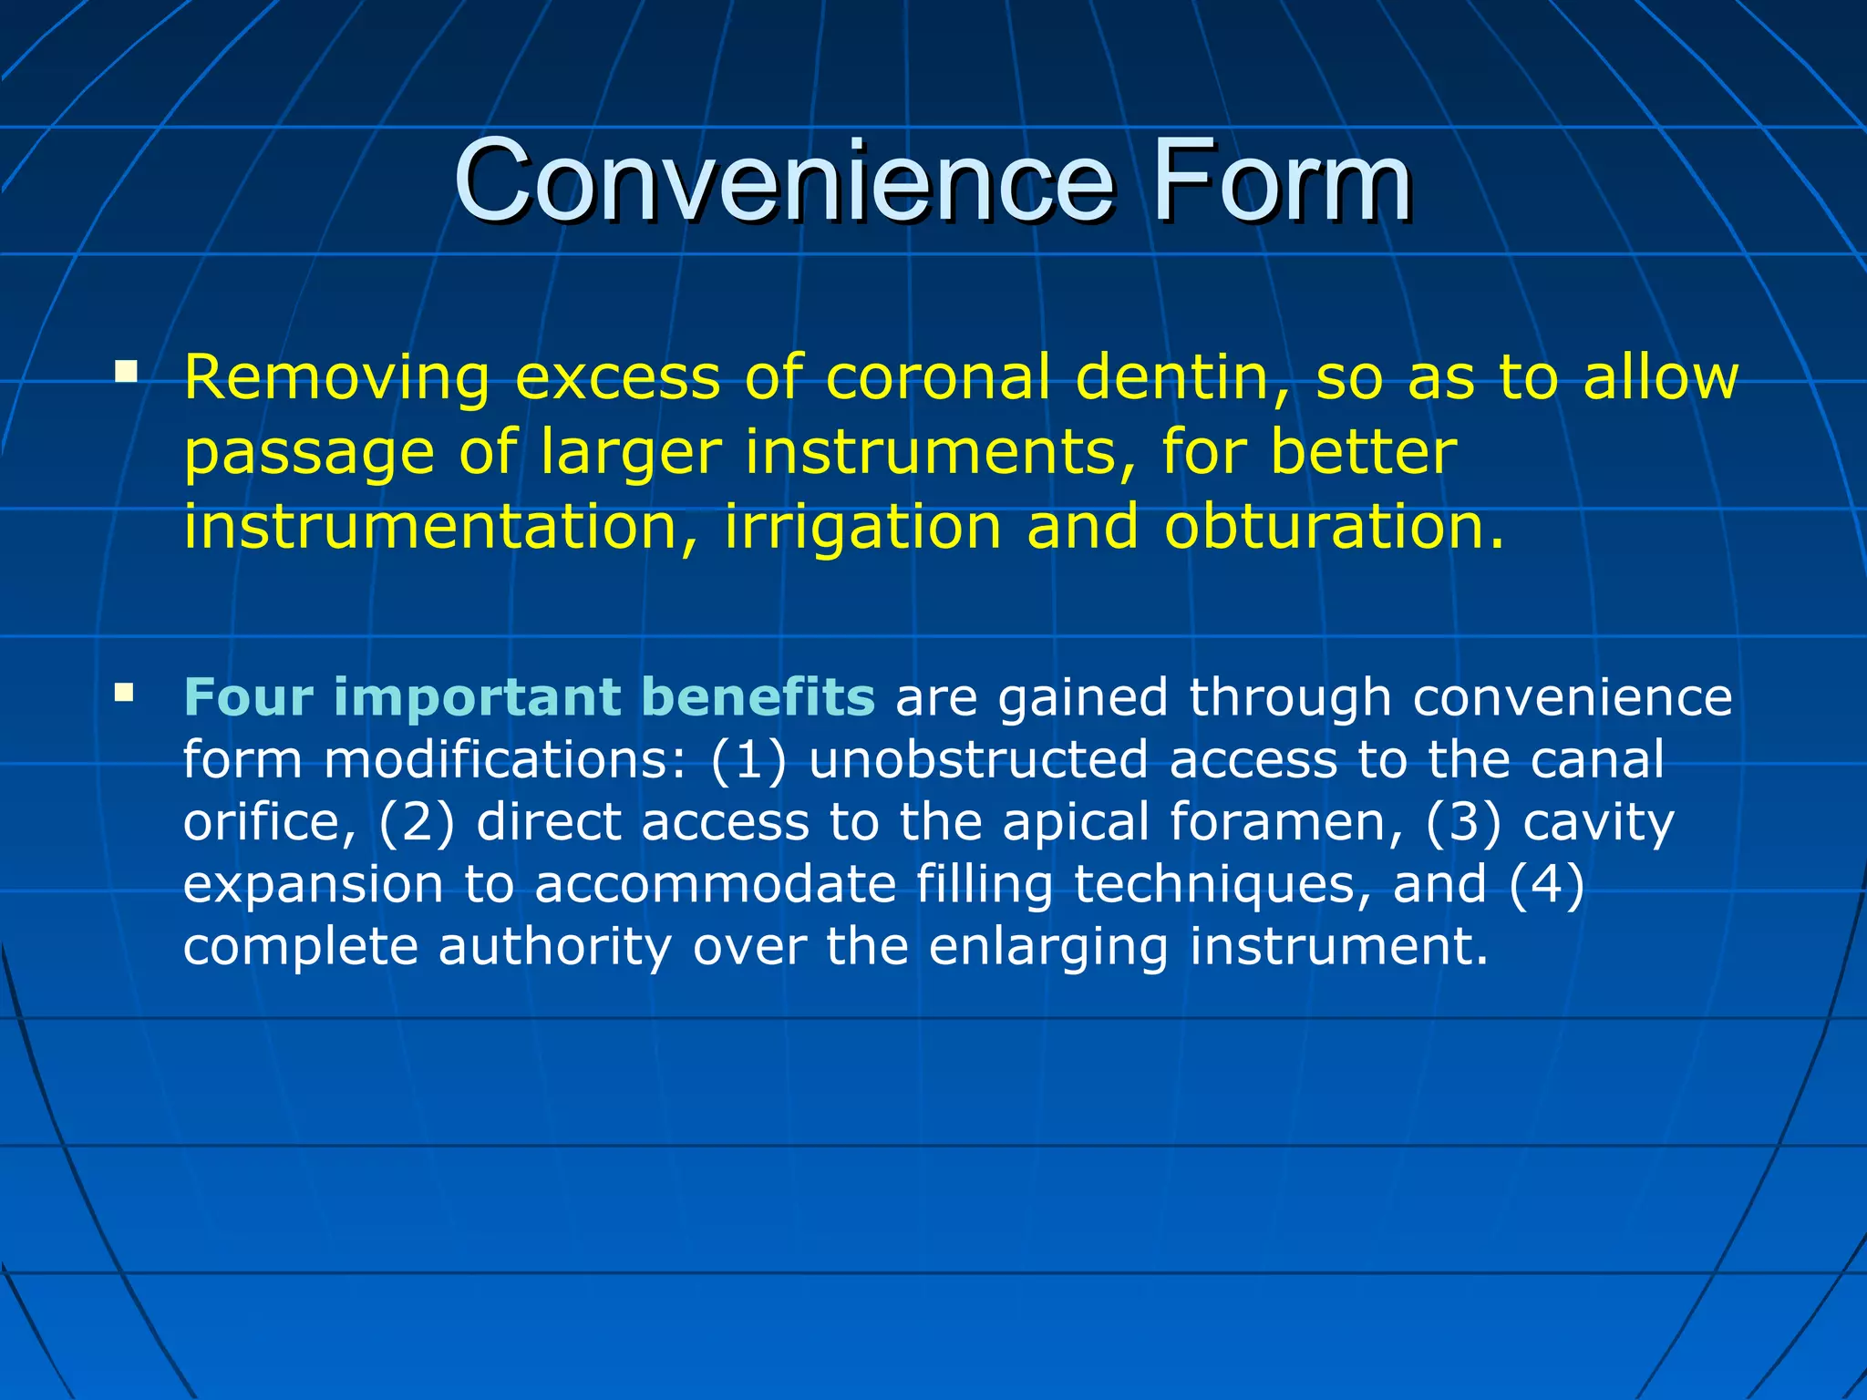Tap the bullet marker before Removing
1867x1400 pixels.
[x=126, y=371]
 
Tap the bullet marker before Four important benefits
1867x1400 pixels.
[x=124, y=695]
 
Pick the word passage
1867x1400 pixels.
[x=309, y=454]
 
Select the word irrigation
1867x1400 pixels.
[x=862, y=527]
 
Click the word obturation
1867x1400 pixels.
[x=1333, y=527]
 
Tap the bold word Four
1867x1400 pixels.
[x=248, y=697]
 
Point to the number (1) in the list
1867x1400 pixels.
[x=748, y=760]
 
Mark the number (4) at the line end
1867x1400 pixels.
[x=1546, y=884]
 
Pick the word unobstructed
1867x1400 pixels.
[x=978, y=760]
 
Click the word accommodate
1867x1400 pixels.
[x=716, y=884]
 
